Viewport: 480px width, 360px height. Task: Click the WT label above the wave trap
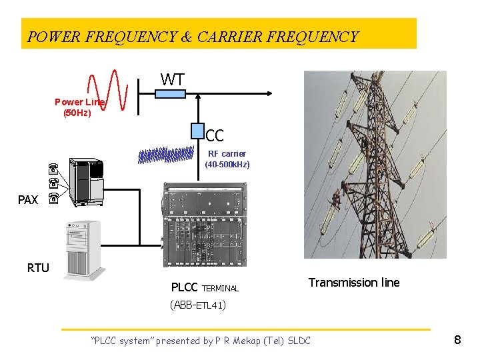[x=172, y=80]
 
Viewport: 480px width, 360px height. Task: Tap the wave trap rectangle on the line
[x=170, y=94]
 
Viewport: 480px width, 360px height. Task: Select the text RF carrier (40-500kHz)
[x=227, y=159]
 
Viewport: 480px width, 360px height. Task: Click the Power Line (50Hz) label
[x=79, y=107]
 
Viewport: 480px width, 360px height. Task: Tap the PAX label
[x=28, y=199]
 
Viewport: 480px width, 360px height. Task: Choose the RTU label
[x=38, y=268]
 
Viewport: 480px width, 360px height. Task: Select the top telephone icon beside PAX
[x=54, y=167]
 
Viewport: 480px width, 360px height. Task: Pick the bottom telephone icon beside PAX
[x=54, y=198]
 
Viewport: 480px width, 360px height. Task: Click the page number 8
[x=457, y=340]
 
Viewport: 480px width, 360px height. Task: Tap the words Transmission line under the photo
[x=353, y=283]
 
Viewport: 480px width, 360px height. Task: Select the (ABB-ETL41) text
[x=199, y=305]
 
